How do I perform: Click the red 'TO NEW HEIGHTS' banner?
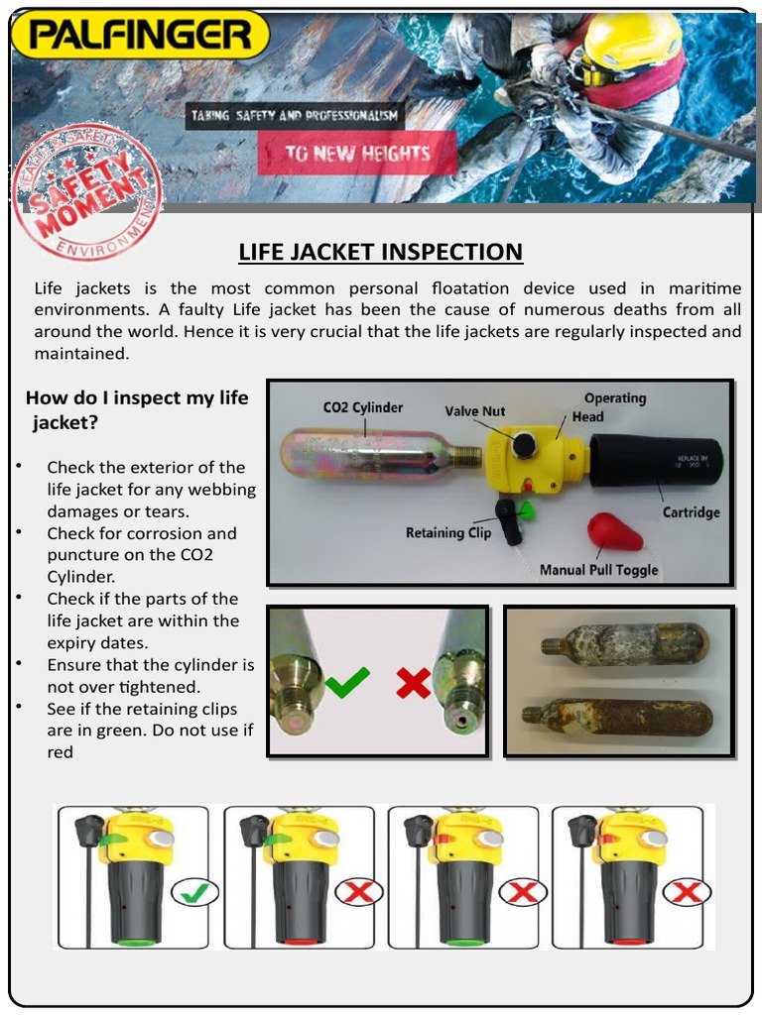(357, 154)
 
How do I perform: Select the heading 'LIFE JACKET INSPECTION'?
(380, 252)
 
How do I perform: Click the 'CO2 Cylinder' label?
(363, 407)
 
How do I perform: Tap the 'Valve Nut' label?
(474, 410)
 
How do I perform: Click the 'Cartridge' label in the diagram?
(691, 512)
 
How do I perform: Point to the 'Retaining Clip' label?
(448, 532)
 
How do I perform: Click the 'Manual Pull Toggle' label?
(598, 570)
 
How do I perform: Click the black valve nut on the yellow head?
(523, 445)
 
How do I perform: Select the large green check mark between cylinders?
(346, 682)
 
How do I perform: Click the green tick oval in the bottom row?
(194, 892)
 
